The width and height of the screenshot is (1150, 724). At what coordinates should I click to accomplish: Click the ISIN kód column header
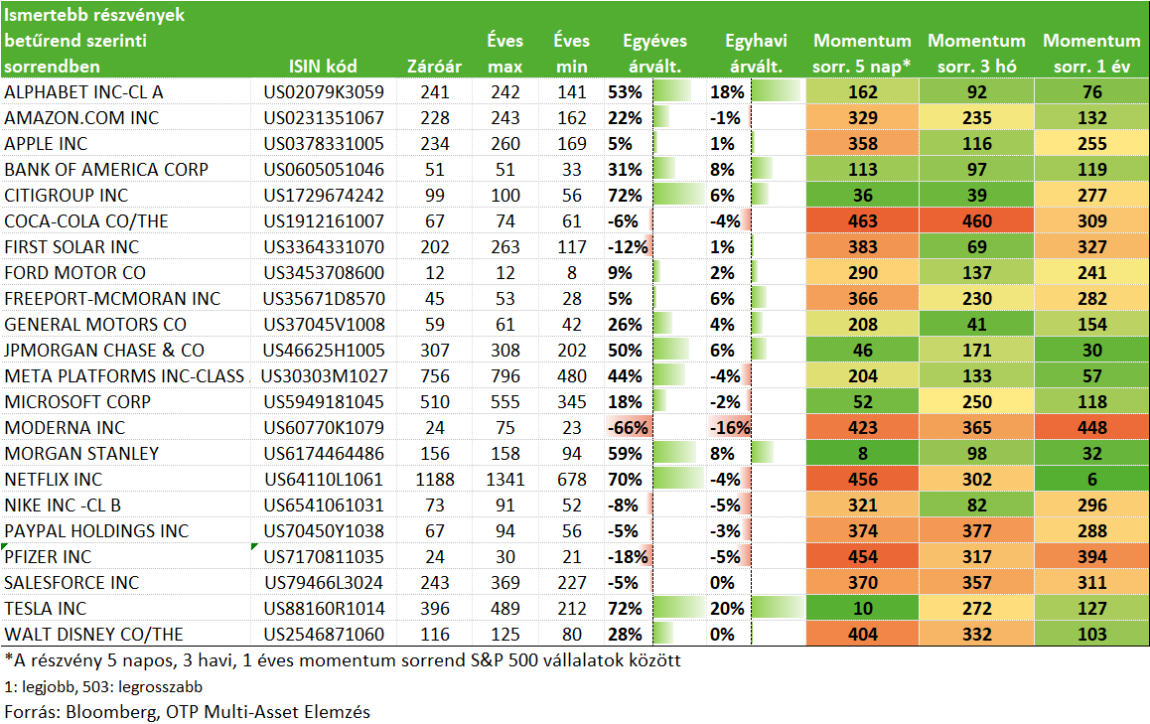[x=323, y=66]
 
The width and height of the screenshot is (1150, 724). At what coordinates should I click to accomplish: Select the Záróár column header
[x=434, y=66]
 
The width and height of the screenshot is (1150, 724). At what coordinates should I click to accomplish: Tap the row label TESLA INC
[x=46, y=608]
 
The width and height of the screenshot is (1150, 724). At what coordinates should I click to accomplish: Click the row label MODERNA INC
[x=65, y=428]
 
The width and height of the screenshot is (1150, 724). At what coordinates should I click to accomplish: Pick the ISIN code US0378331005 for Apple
[x=324, y=144]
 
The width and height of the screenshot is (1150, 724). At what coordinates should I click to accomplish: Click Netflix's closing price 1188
[x=435, y=479]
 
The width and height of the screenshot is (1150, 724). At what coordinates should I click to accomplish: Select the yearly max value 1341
[x=505, y=479]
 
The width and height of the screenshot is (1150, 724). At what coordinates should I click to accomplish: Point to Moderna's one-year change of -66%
[x=628, y=428]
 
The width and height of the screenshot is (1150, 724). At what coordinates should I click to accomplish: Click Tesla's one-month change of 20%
[x=727, y=608]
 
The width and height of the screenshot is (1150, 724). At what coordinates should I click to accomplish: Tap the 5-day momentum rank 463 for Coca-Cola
[x=862, y=220]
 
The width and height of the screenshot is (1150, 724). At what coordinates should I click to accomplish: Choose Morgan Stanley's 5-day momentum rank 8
[x=862, y=453]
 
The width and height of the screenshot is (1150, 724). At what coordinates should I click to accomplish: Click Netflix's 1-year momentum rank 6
[x=1092, y=479]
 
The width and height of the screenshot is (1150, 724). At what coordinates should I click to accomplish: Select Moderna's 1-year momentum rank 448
[x=1092, y=428]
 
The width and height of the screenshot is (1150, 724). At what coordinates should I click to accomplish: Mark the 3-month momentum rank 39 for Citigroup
[x=977, y=195]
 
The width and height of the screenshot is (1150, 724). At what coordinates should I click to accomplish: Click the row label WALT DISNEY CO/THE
[x=94, y=634]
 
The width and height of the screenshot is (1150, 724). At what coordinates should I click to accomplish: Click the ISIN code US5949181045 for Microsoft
[x=324, y=402]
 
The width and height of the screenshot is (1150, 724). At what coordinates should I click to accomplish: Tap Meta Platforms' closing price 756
[x=435, y=376]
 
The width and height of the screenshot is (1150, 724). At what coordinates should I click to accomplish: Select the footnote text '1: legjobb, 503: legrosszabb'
[x=103, y=686]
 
